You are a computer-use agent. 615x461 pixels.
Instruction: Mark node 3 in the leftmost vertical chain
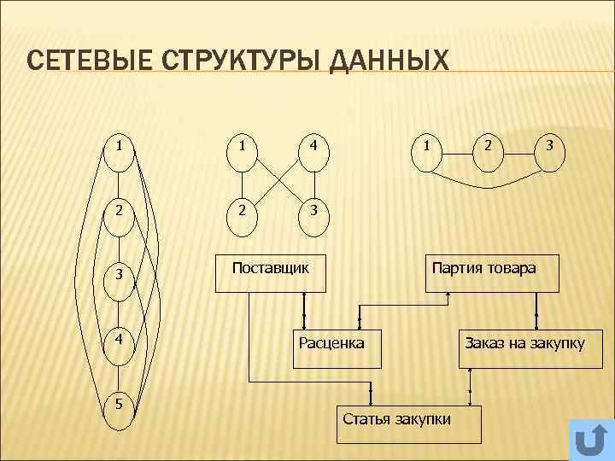(121, 275)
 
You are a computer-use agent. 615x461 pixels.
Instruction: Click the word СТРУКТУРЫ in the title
(237, 62)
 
